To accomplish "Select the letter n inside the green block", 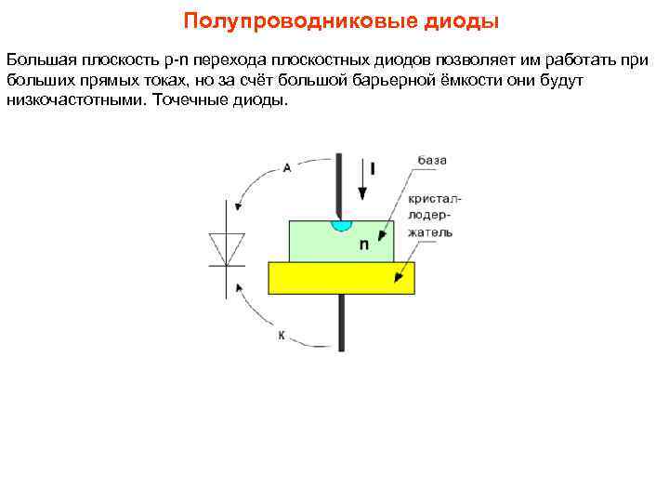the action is [x=364, y=244].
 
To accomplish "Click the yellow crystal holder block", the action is [x=340, y=277].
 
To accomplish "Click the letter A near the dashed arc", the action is [x=287, y=168].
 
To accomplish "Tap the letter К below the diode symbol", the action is [x=282, y=335].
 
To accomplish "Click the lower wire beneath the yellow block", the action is [x=342, y=322].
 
